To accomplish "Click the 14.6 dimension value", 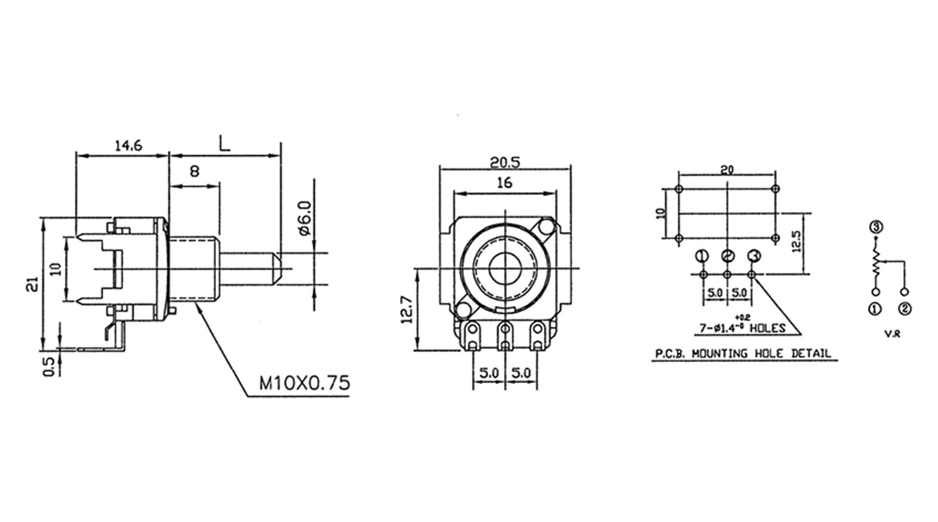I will pos(128,145).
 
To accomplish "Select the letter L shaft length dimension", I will pos(224,143).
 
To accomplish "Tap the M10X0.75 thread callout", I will pos(304,383).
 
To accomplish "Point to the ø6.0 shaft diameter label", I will pos(306,218).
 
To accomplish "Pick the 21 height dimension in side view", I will pos(32,285).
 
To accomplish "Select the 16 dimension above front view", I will pos(504,183).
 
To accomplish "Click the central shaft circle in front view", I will pos(504,269).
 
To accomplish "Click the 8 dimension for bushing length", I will pos(194,171).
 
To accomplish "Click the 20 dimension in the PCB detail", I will pos(727,170).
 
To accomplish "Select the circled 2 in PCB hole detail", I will pos(727,256).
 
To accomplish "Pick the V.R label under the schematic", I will pos(892,333).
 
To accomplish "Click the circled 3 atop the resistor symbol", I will pos(876,226).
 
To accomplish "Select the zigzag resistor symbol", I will pos(876,263).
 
